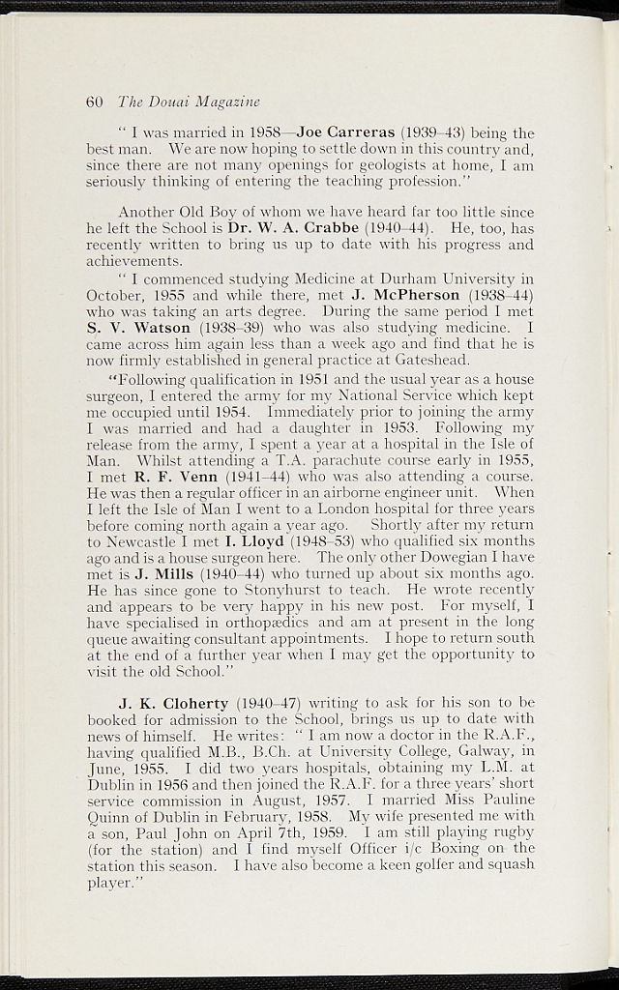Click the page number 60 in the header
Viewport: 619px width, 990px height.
coord(94,102)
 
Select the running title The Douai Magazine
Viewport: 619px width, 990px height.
coord(189,102)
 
